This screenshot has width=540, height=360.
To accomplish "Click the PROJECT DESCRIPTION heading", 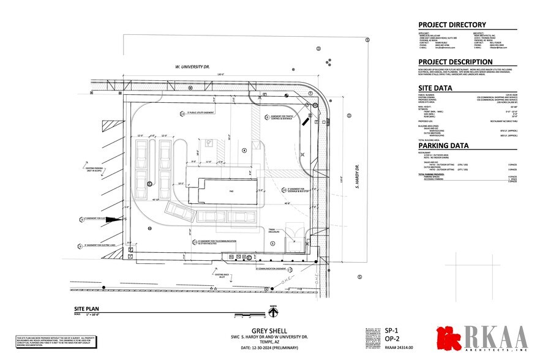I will (455, 62).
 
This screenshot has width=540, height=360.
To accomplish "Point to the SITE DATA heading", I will (435, 88).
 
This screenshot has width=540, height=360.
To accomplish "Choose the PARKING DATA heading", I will (443, 146).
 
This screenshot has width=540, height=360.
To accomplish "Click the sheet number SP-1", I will (392, 329).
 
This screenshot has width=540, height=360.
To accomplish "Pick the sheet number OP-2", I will (392, 338).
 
